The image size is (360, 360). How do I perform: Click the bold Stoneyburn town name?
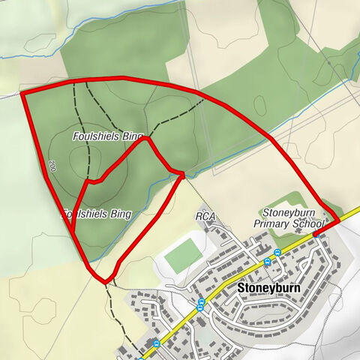(268, 287)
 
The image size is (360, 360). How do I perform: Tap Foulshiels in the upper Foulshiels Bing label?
(95, 136)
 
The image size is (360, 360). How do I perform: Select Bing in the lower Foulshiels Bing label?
(119, 214)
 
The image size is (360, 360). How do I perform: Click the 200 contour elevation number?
(52, 166)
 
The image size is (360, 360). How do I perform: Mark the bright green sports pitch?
(183, 256)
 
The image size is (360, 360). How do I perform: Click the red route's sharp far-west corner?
(22, 93)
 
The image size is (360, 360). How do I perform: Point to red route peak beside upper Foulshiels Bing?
(148, 137)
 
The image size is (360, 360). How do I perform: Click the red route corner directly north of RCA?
(183, 174)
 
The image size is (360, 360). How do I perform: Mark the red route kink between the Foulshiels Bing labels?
(88, 181)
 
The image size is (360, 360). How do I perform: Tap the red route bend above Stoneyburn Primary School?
(323, 203)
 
